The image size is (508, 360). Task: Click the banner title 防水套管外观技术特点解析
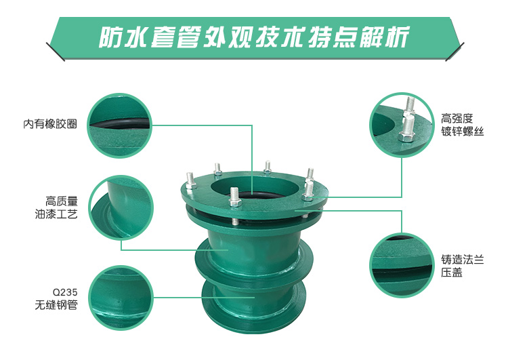click(x=254, y=37)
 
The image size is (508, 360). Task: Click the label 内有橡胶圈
click(x=50, y=124)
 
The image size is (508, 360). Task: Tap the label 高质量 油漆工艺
click(x=57, y=207)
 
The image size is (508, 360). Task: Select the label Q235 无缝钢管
click(x=57, y=299)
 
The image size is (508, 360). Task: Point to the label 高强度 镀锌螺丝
click(x=463, y=125)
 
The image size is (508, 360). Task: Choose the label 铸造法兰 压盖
click(x=463, y=266)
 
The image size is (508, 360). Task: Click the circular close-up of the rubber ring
click(x=120, y=125)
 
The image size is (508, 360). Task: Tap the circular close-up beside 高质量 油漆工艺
click(x=121, y=208)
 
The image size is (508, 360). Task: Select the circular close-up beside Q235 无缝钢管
click(x=121, y=298)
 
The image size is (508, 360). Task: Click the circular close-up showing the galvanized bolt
click(x=402, y=125)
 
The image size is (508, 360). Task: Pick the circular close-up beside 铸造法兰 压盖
click(x=402, y=265)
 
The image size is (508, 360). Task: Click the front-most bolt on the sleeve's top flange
click(x=234, y=198)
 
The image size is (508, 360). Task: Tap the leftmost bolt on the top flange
click(x=190, y=180)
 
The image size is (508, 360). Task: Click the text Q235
click(x=65, y=292)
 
